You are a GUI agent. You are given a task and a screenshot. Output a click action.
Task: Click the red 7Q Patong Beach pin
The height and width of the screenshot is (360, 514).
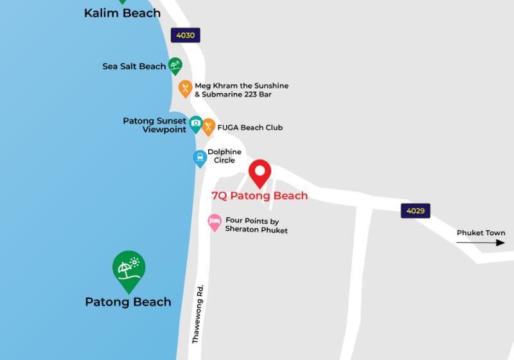260,172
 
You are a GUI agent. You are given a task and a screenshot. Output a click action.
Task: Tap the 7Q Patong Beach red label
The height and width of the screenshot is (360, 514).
260,195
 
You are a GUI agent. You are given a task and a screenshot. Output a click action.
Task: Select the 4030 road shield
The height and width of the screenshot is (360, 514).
185,35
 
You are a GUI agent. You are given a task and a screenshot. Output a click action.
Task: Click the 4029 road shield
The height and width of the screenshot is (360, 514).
415,211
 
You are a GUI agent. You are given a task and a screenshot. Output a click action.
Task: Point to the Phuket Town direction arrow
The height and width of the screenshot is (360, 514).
481,242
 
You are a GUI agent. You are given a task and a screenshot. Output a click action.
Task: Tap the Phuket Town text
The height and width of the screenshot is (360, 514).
481,233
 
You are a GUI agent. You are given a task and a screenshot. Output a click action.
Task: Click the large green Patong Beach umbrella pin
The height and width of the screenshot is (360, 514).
128,269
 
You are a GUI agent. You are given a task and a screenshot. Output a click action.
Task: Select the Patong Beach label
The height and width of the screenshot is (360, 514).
128,301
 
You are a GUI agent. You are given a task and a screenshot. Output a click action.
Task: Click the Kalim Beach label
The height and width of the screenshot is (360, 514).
122,13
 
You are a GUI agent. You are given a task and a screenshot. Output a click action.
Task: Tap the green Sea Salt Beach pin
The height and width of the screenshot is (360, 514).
175,65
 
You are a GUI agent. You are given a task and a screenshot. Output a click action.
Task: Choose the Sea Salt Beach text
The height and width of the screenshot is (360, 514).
134,66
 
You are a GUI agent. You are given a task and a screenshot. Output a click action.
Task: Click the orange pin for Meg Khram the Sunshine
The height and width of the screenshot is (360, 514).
185,88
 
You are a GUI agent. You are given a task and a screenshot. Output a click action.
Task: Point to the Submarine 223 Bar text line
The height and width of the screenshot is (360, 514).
233,94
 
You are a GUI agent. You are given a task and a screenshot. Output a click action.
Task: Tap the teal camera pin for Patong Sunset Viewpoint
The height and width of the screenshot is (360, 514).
195,123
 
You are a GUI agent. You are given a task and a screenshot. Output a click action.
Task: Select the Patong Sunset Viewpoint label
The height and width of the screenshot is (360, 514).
155,125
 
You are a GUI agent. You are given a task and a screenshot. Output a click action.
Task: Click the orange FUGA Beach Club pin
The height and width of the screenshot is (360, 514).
208,126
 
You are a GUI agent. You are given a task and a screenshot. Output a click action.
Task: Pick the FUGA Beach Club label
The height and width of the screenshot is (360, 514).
250,127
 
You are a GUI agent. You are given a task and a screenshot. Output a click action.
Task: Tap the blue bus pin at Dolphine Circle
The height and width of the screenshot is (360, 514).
200,157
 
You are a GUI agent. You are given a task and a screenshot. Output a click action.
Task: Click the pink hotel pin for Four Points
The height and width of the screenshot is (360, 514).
215,222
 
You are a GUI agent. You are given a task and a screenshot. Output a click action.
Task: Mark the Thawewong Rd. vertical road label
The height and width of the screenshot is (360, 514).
199,314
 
